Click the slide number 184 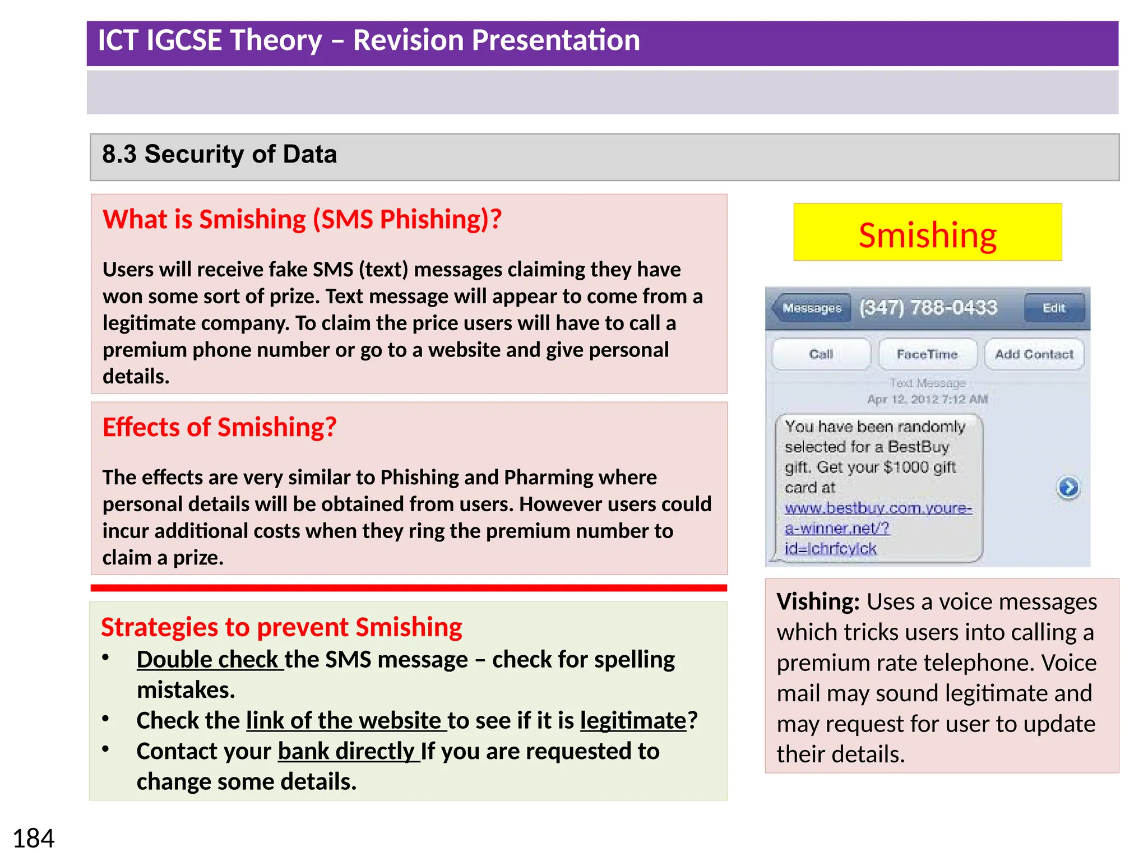pos(34,839)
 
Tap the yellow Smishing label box pos(927,233)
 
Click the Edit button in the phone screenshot pos(1053,308)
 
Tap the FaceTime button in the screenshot pos(927,354)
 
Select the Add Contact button pos(1034,354)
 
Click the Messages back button pos(811,308)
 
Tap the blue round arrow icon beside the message pos(1068,487)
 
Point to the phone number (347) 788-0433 pos(928,307)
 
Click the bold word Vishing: pos(818,601)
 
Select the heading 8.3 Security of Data pos(219,154)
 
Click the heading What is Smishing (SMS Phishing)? pos(302,219)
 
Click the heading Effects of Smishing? pos(219,427)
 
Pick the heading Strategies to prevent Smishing pos(281,627)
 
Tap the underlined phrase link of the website pos(345,721)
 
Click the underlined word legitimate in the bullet pos(633,721)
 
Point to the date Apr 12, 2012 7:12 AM pos(927,399)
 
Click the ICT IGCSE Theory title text pos(368,40)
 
